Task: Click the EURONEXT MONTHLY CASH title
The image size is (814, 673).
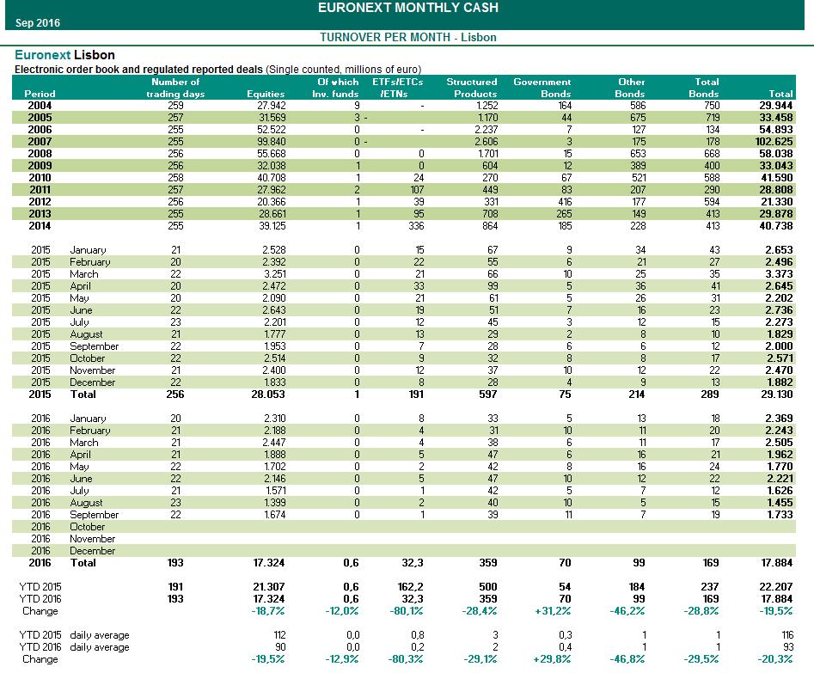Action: [407, 9]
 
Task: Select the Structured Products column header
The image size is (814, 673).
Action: [471, 88]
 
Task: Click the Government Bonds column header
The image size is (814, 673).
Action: [542, 88]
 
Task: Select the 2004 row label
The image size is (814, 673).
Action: [40, 106]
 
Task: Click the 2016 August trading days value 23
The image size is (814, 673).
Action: [176, 503]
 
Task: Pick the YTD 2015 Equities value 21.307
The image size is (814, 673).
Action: [268, 587]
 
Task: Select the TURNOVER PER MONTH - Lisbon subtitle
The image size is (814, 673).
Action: [407, 37]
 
